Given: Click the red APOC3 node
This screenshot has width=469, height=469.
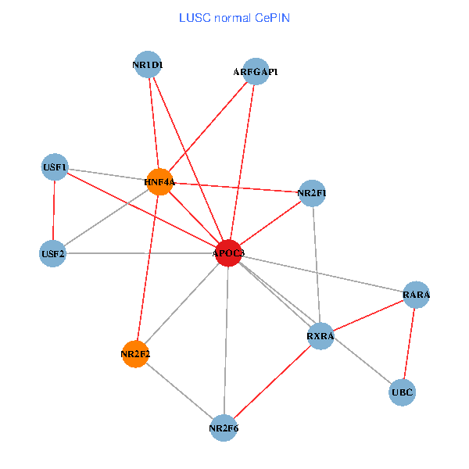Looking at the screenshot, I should [x=228, y=253].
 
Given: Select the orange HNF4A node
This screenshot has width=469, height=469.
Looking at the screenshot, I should [x=159, y=182].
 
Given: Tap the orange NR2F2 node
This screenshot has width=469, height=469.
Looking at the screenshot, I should [x=135, y=354].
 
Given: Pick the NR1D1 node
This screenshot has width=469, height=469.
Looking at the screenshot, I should [x=148, y=65].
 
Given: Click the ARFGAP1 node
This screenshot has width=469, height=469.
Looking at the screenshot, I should [x=256, y=72].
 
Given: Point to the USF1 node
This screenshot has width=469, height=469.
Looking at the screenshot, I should [x=55, y=167].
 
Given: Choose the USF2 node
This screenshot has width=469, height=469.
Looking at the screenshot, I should [x=52, y=253].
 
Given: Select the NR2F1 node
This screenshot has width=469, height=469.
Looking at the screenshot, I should [x=312, y=192].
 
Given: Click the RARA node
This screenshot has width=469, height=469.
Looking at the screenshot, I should [x=416, y=295].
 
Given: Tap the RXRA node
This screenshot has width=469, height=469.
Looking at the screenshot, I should [x=320, y=337].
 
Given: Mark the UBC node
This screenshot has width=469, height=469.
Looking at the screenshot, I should [x=402, y=392].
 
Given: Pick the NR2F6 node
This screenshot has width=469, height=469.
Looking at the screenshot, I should [x=224, y=428].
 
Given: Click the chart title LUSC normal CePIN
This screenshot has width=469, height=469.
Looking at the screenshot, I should [x=234, y=16].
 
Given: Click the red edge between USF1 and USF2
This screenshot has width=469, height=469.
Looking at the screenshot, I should [x=53, y=210].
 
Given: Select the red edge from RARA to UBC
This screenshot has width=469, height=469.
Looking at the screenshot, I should [x=409, y=343].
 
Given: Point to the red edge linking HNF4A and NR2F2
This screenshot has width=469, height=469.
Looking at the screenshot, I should [x=147, y=268].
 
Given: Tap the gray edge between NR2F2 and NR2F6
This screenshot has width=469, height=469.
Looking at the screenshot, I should [x=180, y=391].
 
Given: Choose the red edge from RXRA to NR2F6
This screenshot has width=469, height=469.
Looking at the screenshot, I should [x=272, y=382].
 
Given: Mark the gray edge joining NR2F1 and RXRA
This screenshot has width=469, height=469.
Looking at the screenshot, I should [x=316, y=264].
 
